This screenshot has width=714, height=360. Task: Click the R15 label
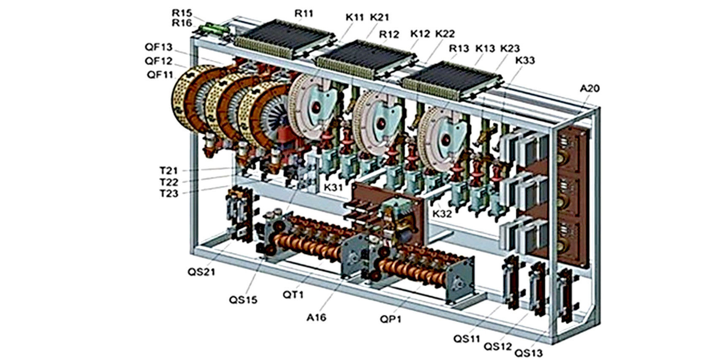182,13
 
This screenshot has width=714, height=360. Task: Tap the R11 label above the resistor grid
304,14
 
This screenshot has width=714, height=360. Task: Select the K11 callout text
355,17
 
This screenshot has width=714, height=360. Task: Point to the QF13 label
158,47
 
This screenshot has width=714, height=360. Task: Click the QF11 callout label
160,75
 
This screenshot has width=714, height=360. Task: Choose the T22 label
168,182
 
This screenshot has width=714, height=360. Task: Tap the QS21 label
201,272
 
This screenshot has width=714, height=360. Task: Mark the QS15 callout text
243,300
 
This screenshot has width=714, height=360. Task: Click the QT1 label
293,295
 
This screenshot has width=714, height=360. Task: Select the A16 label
317,317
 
